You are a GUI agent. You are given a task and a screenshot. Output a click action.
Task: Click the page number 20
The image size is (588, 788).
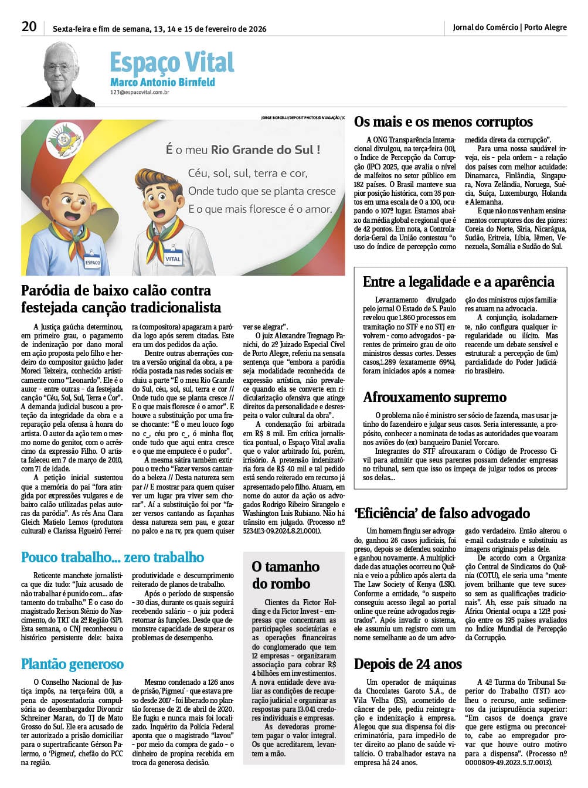pos(29,27)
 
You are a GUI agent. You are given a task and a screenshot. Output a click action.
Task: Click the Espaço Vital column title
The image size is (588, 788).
pos(172,62)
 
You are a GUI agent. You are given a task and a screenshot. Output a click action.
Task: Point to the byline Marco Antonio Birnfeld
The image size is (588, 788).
pos(162,82)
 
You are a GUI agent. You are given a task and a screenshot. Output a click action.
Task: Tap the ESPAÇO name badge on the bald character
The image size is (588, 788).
pos(93,261)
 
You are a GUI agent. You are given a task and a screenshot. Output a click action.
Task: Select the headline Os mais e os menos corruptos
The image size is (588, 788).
pos(443,122)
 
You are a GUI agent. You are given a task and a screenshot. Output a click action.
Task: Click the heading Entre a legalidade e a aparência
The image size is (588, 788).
pos(458,282)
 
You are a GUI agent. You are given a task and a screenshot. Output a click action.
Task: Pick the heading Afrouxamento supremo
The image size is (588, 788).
pos(434,397)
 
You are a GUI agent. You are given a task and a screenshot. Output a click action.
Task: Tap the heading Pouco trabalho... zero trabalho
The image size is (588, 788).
pos(113,557)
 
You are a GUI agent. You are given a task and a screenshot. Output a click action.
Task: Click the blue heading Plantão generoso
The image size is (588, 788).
pos(73,664)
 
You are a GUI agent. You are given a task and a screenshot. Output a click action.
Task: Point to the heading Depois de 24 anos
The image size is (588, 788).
pos(408,664)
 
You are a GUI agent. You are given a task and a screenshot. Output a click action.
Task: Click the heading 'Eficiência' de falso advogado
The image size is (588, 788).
pos(442,514)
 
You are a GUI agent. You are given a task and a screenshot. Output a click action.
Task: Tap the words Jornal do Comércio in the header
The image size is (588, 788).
pos(485,28)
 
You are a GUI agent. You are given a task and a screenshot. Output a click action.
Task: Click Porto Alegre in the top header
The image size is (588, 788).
pos(545,28)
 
